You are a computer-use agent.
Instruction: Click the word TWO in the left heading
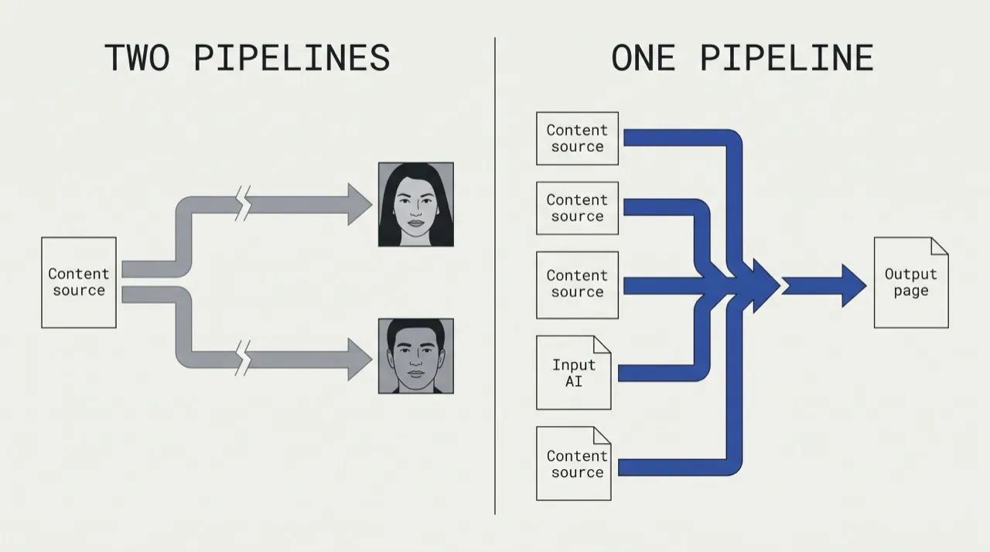click(137, 57)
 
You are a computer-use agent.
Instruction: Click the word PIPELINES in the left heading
click(292, 57)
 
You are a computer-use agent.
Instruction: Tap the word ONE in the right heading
click(643, 57)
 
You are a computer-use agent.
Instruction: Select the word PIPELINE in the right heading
click(787, 57)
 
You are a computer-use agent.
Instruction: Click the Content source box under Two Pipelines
click(79, 283)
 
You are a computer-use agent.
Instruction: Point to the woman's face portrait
click(416, 204)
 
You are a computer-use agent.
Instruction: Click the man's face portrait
click(416, 356)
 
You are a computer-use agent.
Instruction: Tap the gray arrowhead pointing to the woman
click(360, 204)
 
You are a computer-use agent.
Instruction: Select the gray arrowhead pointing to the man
click(360, 359)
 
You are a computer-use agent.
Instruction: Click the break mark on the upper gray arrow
click(243, 203)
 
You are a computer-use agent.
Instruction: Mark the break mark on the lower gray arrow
click(243, 358)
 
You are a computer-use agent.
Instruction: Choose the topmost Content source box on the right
click(577, 138)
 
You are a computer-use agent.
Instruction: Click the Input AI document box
click(574, 373)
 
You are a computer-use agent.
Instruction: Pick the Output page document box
click(911, 283)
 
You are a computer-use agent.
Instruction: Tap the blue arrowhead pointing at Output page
click(854, 286)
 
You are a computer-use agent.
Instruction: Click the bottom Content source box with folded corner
click(574, 463)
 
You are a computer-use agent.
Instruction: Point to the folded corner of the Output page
click(940, 246)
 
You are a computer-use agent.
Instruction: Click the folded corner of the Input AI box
click(603, 345)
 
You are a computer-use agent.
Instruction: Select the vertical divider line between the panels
click(495, 276)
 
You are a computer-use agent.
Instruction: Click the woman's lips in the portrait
click(415, 223)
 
